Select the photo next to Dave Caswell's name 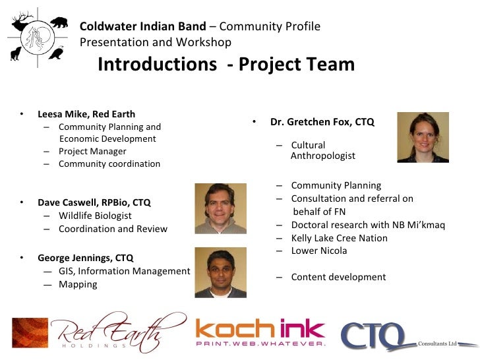tap(220, 208)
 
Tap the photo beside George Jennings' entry tap(220, 272)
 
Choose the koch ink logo tap(260, 333)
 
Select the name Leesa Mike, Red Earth tap(86, 114)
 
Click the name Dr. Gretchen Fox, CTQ tap(322, 122)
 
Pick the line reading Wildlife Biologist tap(95, 216)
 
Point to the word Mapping tap(78, 284)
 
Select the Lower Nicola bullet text tap(318, 251)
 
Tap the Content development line tap(338, 277)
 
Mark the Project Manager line tap(92, 151)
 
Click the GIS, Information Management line tap(124, 271)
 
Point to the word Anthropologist tap(322, 156)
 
